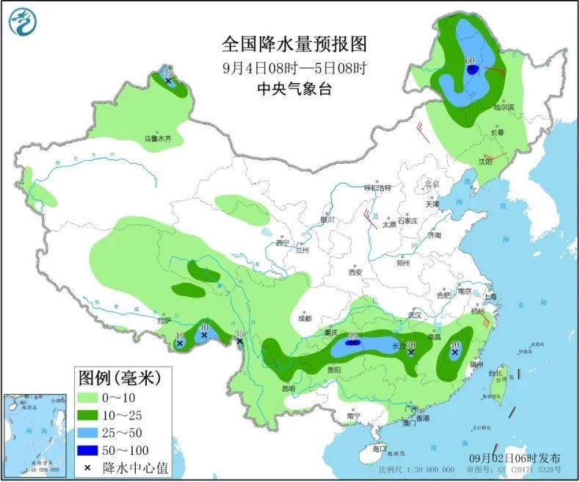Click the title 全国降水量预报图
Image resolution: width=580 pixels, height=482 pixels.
coord(294,44)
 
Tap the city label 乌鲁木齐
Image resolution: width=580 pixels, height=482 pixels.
coord(157,138)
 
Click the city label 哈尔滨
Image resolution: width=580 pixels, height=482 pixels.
coord(504,107)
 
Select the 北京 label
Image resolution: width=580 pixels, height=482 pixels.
coord(430,184)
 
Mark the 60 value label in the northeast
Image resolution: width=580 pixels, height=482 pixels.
coord(469,60)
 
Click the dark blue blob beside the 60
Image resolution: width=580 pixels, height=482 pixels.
coord(474,71)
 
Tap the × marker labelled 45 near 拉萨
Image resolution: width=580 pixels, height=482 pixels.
coord(179,343)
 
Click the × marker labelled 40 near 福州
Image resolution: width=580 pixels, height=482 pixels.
coord(454,353)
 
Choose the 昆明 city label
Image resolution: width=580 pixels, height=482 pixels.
coord(287,388)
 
